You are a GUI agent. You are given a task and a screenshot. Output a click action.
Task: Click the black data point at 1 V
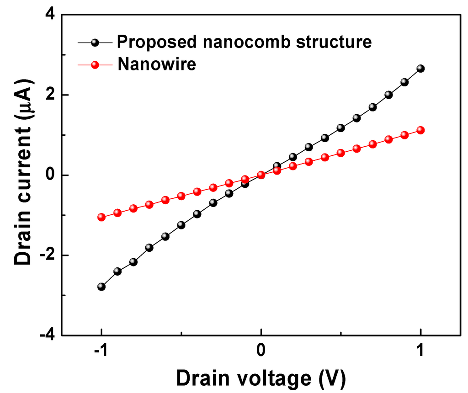tap(420, 69)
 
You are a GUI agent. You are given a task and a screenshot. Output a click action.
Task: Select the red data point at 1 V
tap(420, 130)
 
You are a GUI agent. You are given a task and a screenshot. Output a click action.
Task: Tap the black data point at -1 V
tap(101, 287)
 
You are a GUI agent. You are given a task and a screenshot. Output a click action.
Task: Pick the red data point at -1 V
tap(101, 217)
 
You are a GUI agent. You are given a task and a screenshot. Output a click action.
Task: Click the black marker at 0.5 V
tap(340, 128)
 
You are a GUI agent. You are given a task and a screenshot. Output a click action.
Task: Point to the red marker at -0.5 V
tap(181, 196)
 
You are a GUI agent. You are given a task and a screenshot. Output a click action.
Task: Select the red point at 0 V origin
tap(261, 175)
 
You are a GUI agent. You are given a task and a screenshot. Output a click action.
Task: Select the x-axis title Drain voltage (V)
tap(261, 378)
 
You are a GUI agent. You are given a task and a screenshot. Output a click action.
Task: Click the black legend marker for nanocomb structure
tap(95, 42)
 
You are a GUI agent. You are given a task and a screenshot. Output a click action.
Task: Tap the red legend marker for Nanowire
tap(95, 65)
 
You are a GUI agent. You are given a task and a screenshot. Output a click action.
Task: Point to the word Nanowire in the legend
tap(157, 64)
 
